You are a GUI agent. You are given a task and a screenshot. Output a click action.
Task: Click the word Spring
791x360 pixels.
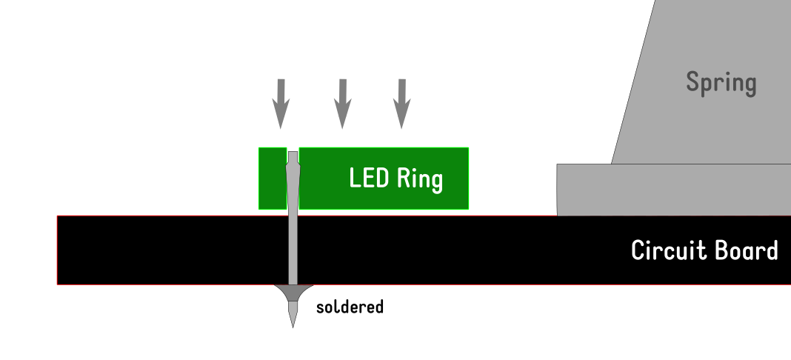[721, 82]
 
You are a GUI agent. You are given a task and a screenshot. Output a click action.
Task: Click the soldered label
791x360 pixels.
[350, 306]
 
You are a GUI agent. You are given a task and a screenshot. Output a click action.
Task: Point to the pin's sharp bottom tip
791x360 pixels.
[293, 324]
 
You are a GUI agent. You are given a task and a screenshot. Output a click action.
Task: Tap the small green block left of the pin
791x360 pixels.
[271, 178]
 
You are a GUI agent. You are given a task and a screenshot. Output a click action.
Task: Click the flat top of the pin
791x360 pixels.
[293, 153]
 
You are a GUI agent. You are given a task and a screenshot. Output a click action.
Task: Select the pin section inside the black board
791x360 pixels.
[293, 250]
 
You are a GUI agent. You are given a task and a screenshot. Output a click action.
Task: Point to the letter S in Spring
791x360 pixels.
[693, 81]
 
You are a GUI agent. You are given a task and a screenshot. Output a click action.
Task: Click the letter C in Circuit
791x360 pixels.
[638, 250]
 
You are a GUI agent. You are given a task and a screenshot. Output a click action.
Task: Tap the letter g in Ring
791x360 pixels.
[436, 181]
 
